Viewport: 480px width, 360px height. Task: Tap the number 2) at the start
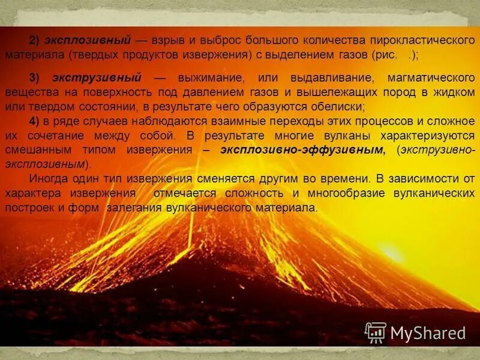[35, 40]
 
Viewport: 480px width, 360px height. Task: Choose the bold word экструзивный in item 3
[97, 78]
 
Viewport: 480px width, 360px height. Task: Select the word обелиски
[338, 107]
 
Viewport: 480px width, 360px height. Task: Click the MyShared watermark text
[428, 332]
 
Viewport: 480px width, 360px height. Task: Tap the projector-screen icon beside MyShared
[376, 332]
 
